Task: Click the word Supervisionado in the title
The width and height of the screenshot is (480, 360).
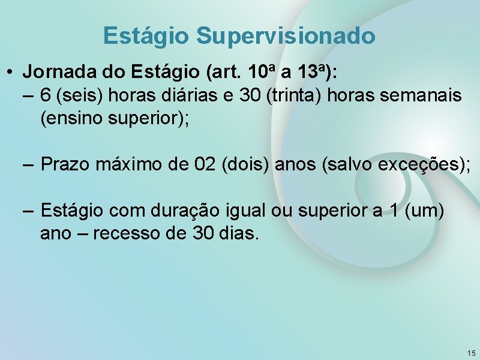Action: (x=286, y=36)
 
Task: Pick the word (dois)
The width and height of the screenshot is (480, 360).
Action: (x=245, y=164)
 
